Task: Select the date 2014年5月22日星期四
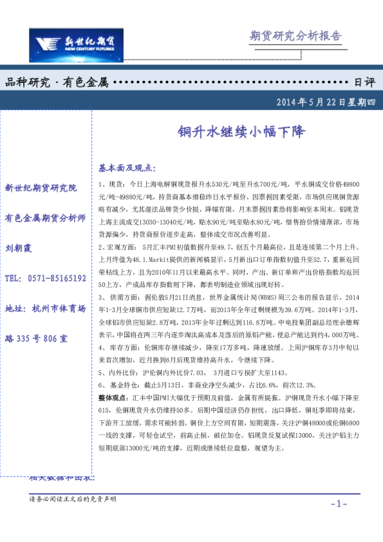click(325, 102)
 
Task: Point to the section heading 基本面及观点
click(127, 168)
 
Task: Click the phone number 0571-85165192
click(45, 279)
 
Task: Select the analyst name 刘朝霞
click(18, 248)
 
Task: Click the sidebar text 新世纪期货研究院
click(41, 188)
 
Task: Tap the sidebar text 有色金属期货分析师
click(45, 218)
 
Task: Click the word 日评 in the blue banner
click(364, 82)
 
